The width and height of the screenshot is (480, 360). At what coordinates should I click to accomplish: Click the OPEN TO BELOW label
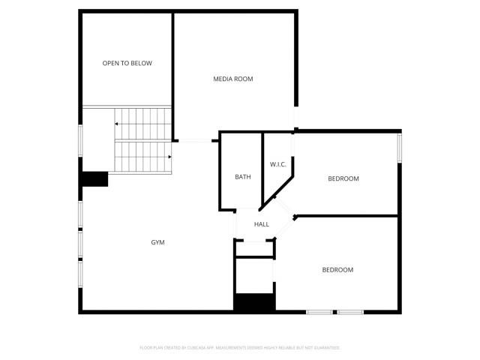[127, 63]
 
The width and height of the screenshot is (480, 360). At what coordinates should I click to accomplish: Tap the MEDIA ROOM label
[232, 79]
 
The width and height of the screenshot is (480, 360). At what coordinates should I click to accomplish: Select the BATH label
[243, 177]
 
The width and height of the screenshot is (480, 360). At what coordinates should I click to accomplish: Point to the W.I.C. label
[278, 164]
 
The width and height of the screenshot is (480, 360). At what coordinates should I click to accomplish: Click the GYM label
[157, 242]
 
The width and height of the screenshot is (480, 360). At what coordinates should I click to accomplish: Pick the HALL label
[262, 224]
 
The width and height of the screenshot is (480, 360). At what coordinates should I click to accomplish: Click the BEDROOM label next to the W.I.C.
[343, 178]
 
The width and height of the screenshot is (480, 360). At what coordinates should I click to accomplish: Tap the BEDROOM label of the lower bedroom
[337, 270]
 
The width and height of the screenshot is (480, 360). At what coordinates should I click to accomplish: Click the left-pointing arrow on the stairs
[117, 124]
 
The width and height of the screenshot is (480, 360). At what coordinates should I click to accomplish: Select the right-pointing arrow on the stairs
[169, 157]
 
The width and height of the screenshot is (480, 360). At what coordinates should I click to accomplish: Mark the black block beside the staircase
[95, 179]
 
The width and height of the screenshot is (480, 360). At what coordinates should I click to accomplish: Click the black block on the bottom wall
[254, 303]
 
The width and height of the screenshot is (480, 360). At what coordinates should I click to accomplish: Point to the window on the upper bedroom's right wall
[400, 147]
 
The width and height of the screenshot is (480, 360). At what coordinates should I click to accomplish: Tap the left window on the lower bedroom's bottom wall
[319, 312]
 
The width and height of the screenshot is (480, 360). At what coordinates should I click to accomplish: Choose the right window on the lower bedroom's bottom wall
[350, 312]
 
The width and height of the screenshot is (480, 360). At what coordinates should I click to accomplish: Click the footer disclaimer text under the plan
[240, 348]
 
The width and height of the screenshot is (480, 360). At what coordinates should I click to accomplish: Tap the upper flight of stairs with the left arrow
[142, 117]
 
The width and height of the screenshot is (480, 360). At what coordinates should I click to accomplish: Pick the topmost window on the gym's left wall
[81, 141]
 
